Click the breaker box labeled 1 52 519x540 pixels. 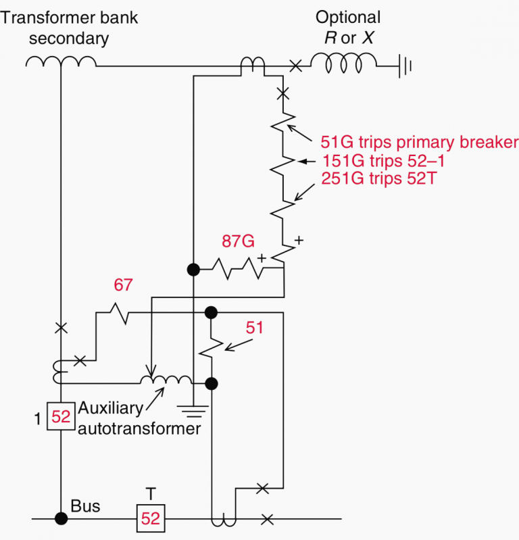click(x=61, y=417)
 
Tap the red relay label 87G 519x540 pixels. click(x=237, y=241)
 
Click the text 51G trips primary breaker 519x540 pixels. click(x=419, y=143)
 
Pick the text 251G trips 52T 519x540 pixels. click(x=376, y=180)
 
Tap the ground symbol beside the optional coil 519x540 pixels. click(x=403, y=66)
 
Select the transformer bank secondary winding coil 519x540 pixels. click(x=61, y=63)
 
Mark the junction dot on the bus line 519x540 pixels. click(x=61, y=518)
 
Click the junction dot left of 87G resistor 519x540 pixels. click(x=193, y=269)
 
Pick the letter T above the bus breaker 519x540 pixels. click(x=150, y=493)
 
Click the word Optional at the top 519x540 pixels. click(x=348, y=18)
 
